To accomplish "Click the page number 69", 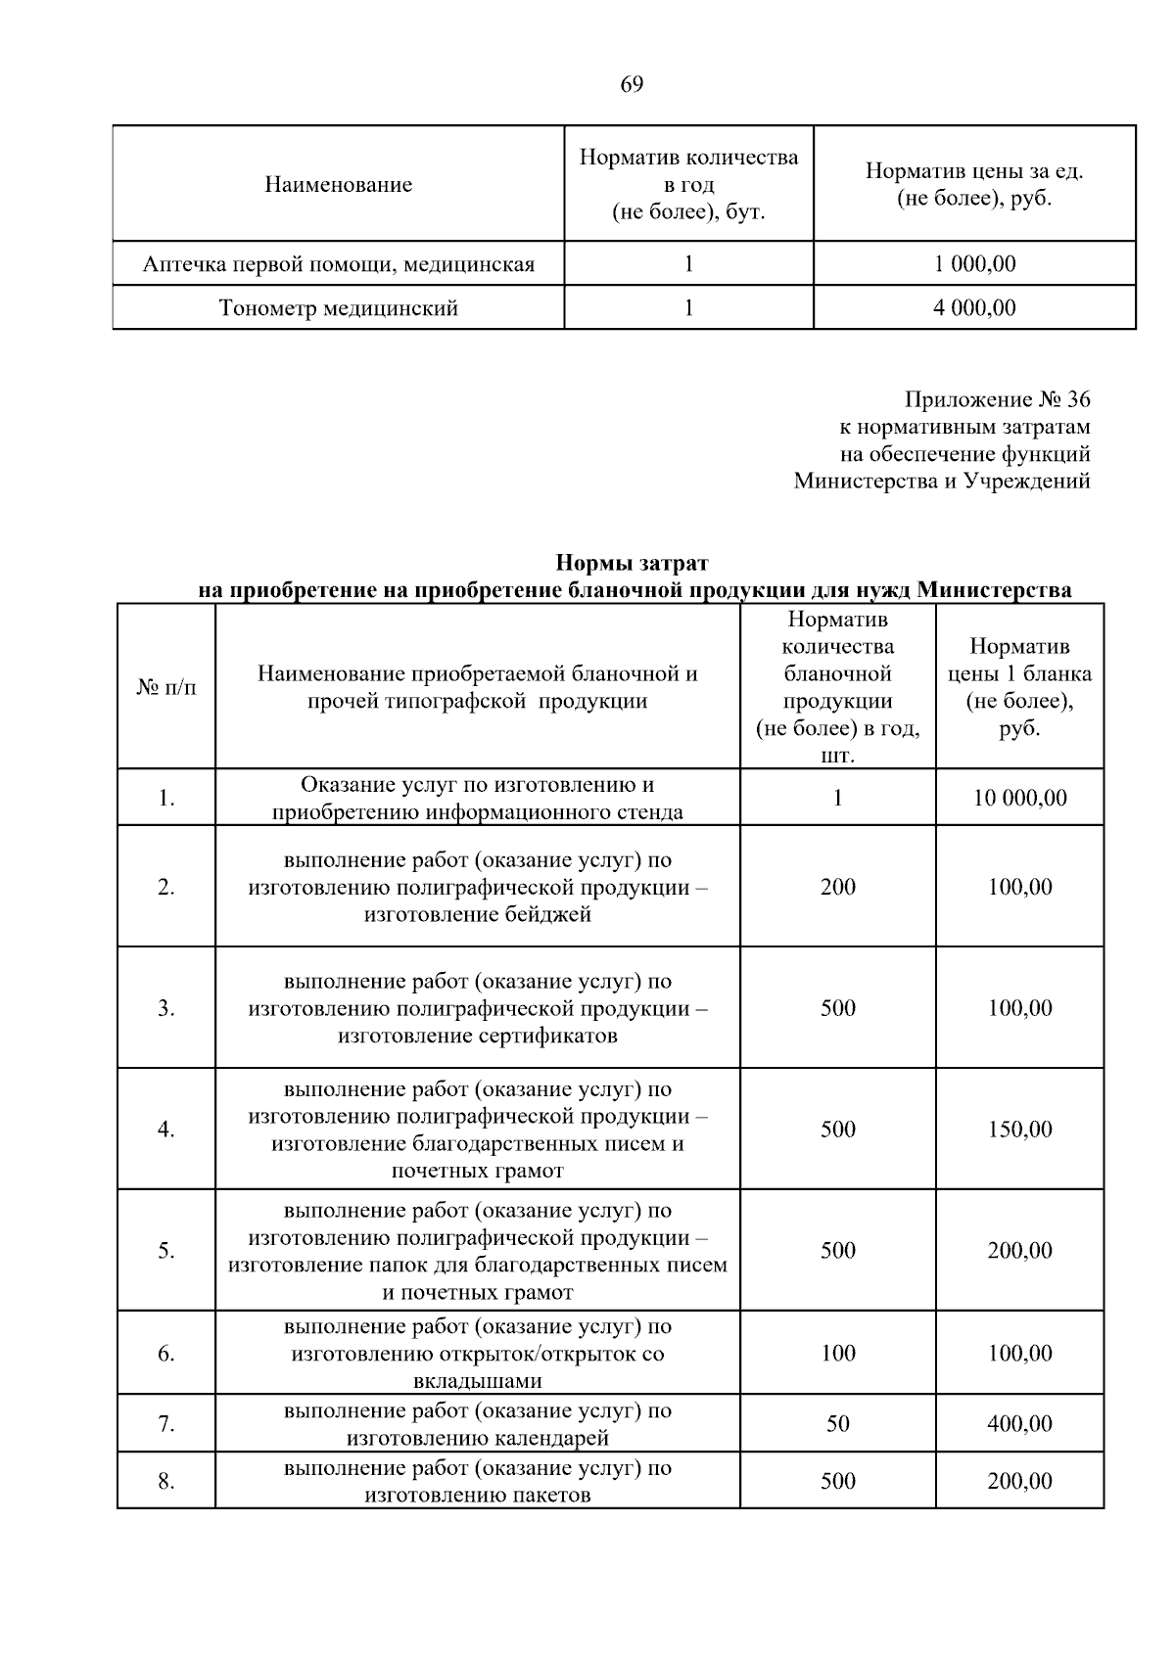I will pos(632,85).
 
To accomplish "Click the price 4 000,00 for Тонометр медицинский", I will pos(974,308).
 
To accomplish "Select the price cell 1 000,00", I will pos(974,264).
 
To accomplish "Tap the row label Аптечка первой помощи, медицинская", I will pos(339,264).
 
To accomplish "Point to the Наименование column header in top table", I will pos(339,185).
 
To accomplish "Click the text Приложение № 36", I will pos(997,399).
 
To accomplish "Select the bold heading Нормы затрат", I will pos(632,563).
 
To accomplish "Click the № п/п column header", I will pos(166,687).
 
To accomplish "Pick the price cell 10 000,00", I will pos(1019,799).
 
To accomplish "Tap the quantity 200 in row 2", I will pos(838,888).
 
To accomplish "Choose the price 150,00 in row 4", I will pos(1019,1130).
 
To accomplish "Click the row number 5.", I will pos(166,1251).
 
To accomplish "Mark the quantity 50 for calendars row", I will pos(838,1424).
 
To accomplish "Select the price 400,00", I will pos(1019,1424).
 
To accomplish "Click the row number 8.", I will pos(166,1482).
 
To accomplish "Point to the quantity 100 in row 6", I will pos(838,1354).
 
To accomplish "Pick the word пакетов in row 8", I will pos(547,1496).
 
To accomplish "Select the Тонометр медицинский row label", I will pos(339,308).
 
